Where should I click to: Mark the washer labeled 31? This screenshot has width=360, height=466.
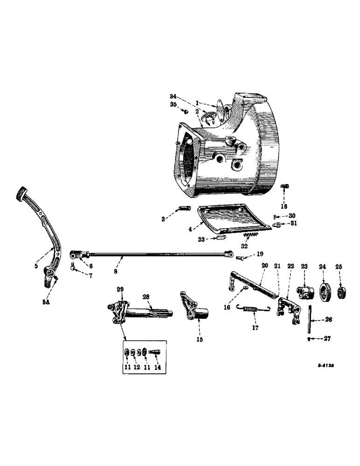[x=278, y=224]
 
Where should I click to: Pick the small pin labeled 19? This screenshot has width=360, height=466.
[x=242, y=256]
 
